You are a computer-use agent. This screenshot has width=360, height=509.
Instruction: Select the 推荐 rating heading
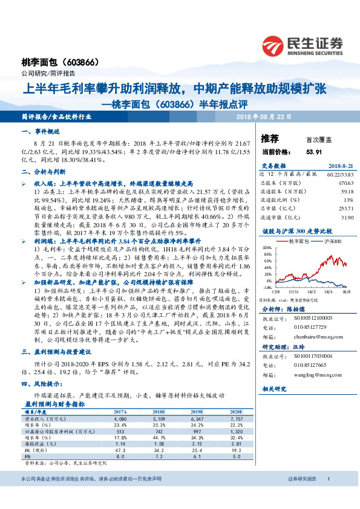point(269,138)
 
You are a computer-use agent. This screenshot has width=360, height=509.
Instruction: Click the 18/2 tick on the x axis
point(316,291)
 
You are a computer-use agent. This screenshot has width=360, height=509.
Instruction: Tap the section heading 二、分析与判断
point(43,171)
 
